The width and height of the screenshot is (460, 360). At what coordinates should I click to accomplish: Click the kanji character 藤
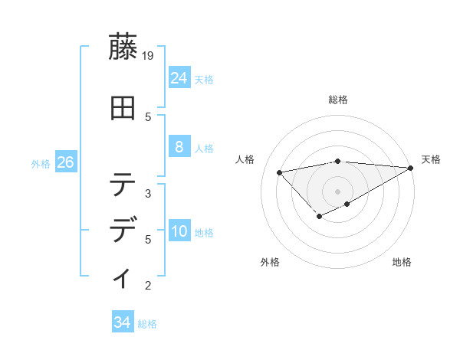[x=123, y=48]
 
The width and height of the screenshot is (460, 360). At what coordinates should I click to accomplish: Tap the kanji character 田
[x=123, y=108]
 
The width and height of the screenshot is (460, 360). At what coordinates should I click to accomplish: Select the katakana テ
[x=123, y=185]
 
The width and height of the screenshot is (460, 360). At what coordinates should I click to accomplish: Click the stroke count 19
[x=149, y=56]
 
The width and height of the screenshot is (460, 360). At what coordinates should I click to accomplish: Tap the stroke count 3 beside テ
[x=148, y=193]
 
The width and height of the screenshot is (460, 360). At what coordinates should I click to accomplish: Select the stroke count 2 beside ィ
[x=148, y=286]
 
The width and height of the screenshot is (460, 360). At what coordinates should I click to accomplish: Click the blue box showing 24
[x=179, y=77]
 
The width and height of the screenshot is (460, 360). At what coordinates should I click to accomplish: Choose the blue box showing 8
[x=179, y=146]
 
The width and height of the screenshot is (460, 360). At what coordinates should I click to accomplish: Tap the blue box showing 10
[x=179, y=231]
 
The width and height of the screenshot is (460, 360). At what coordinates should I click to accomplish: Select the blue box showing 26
[x=65, y=162]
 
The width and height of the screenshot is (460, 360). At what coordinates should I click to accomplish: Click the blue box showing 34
[x=122, y=322]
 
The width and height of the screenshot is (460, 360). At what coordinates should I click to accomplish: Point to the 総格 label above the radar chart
[x=338, y=100]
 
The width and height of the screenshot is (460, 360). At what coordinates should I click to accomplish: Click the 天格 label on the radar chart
[x=431, y=159]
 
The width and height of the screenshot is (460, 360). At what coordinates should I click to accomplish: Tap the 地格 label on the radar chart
[x=402, y=262]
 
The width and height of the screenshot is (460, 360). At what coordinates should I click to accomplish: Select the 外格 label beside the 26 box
[x=41, y=163]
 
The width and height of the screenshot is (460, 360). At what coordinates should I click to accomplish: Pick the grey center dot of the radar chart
[x=338, y=191]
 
